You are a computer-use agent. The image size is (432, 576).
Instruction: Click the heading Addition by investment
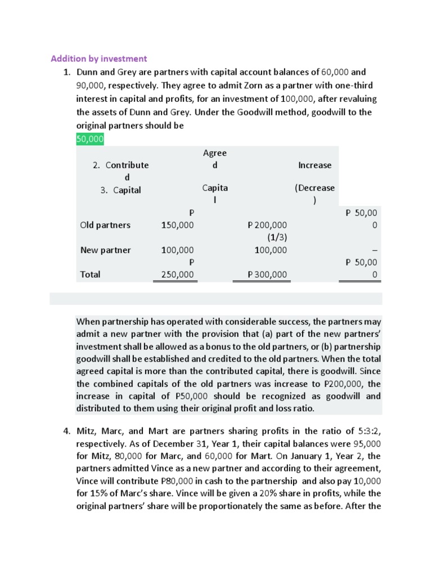point(99,58)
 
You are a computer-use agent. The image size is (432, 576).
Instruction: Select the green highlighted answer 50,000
point(90,138)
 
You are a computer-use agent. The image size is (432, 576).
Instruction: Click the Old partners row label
point(105,225)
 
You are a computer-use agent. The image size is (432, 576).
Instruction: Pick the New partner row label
point(105,250)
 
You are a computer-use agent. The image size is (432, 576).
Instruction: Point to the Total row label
point(91,274)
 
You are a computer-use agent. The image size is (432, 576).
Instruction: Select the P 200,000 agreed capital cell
point(267,225)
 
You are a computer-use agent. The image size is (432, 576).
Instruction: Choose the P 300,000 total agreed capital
point(267,274)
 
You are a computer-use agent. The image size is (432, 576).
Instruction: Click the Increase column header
point(314,165)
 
